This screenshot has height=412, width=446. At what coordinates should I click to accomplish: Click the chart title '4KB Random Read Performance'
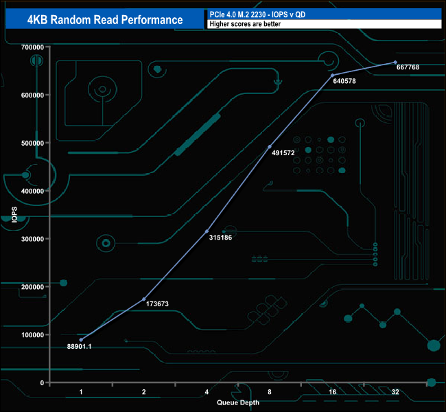[105, 19]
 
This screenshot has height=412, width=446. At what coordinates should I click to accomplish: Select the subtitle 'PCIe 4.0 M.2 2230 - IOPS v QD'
[257, 14]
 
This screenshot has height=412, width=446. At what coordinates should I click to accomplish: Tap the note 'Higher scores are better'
[245, 24]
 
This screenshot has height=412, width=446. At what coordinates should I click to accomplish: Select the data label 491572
[282, 152]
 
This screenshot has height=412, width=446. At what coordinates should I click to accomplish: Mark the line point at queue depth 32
[395, 62]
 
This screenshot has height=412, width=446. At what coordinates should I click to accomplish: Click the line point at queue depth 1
[81, 340]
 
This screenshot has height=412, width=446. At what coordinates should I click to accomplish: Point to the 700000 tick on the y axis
[32, 47]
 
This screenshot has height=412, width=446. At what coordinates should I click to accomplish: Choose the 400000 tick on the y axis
[32, 191]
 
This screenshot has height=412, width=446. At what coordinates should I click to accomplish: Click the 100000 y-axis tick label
[32, 335]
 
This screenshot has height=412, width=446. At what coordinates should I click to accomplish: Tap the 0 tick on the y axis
[43, 382]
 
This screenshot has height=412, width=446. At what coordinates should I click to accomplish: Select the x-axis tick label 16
[332, 391]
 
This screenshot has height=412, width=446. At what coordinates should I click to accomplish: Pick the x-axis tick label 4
[207, 391]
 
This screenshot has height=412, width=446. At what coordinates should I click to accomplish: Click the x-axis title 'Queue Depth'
[238, 402]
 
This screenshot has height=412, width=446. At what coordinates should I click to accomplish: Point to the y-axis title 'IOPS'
[14, 214]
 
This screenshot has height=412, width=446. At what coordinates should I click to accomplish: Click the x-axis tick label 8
[270, 391]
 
